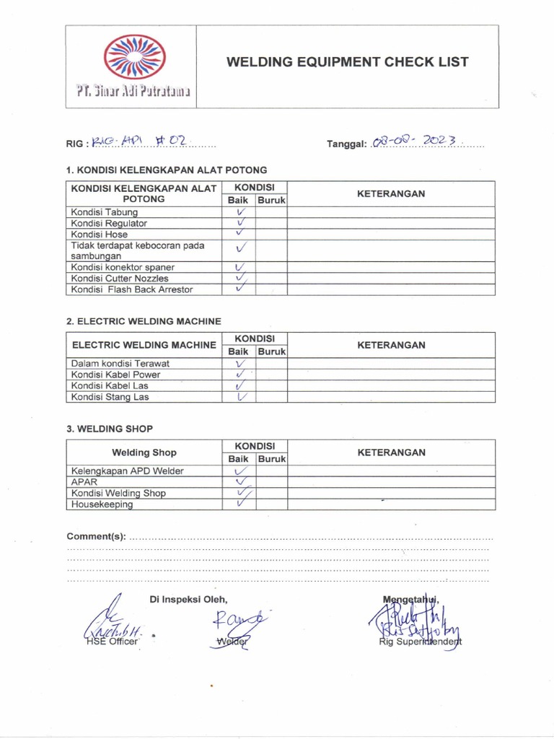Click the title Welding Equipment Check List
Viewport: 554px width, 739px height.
pyautogui.click(x=347, y=62)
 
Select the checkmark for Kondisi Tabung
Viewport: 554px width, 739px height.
pyautogui.click(x=241, y=212)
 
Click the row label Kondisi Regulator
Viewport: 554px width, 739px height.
pyautogui.click(x=109, y=224)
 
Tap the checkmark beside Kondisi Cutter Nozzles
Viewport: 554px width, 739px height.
pyautogui.click(x=241, y=278)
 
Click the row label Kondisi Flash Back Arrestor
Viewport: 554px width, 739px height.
pyautogui.click(x=132, y=289)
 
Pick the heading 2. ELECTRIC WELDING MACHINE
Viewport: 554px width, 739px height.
pyautogui.click(x=144, y=320)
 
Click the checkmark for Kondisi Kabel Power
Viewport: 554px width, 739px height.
pyautogui.click(x=241, y=375)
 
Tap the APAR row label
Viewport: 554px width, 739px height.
pyautogui.click(x=83, y=482)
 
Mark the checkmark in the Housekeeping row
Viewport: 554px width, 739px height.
pyautogui.click(x=241, y=504)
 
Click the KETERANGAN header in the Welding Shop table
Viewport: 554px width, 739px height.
pyautogui.click(x=391, y=452)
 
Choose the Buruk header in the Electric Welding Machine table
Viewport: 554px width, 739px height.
pyautogui.click(x=272, y=351)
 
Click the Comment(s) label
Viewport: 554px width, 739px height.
pyautogui.click(x=97, y=537)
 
